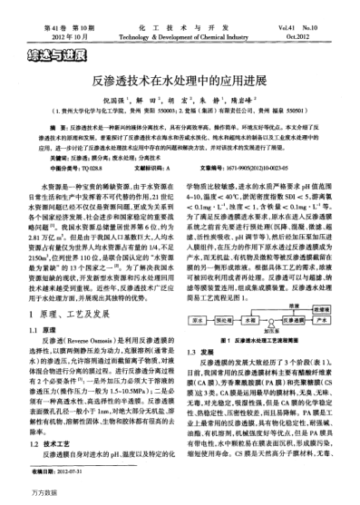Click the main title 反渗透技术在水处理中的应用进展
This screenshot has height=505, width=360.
pos(180,81)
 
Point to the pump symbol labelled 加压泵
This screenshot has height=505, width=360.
pos(269,320)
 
